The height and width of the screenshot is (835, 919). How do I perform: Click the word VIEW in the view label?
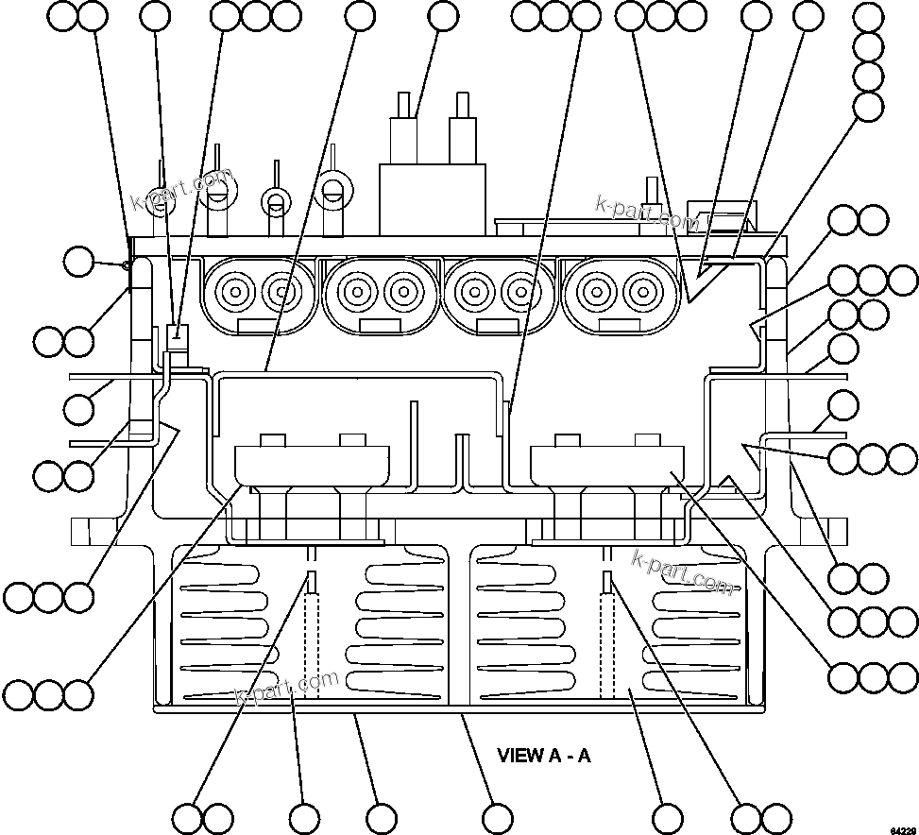(x=520, y=755)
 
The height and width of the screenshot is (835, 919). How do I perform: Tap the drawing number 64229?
(x=902, y=828)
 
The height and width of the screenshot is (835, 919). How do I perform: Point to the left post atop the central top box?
(x=404, y=128)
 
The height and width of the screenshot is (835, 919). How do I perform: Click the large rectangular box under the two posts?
(x=433, y=199)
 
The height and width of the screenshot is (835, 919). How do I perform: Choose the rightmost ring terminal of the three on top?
(x=332, y=189)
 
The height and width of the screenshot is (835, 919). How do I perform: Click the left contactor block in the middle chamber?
(x=312, y=463)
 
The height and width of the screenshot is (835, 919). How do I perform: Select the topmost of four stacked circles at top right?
(x=868, y=17)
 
